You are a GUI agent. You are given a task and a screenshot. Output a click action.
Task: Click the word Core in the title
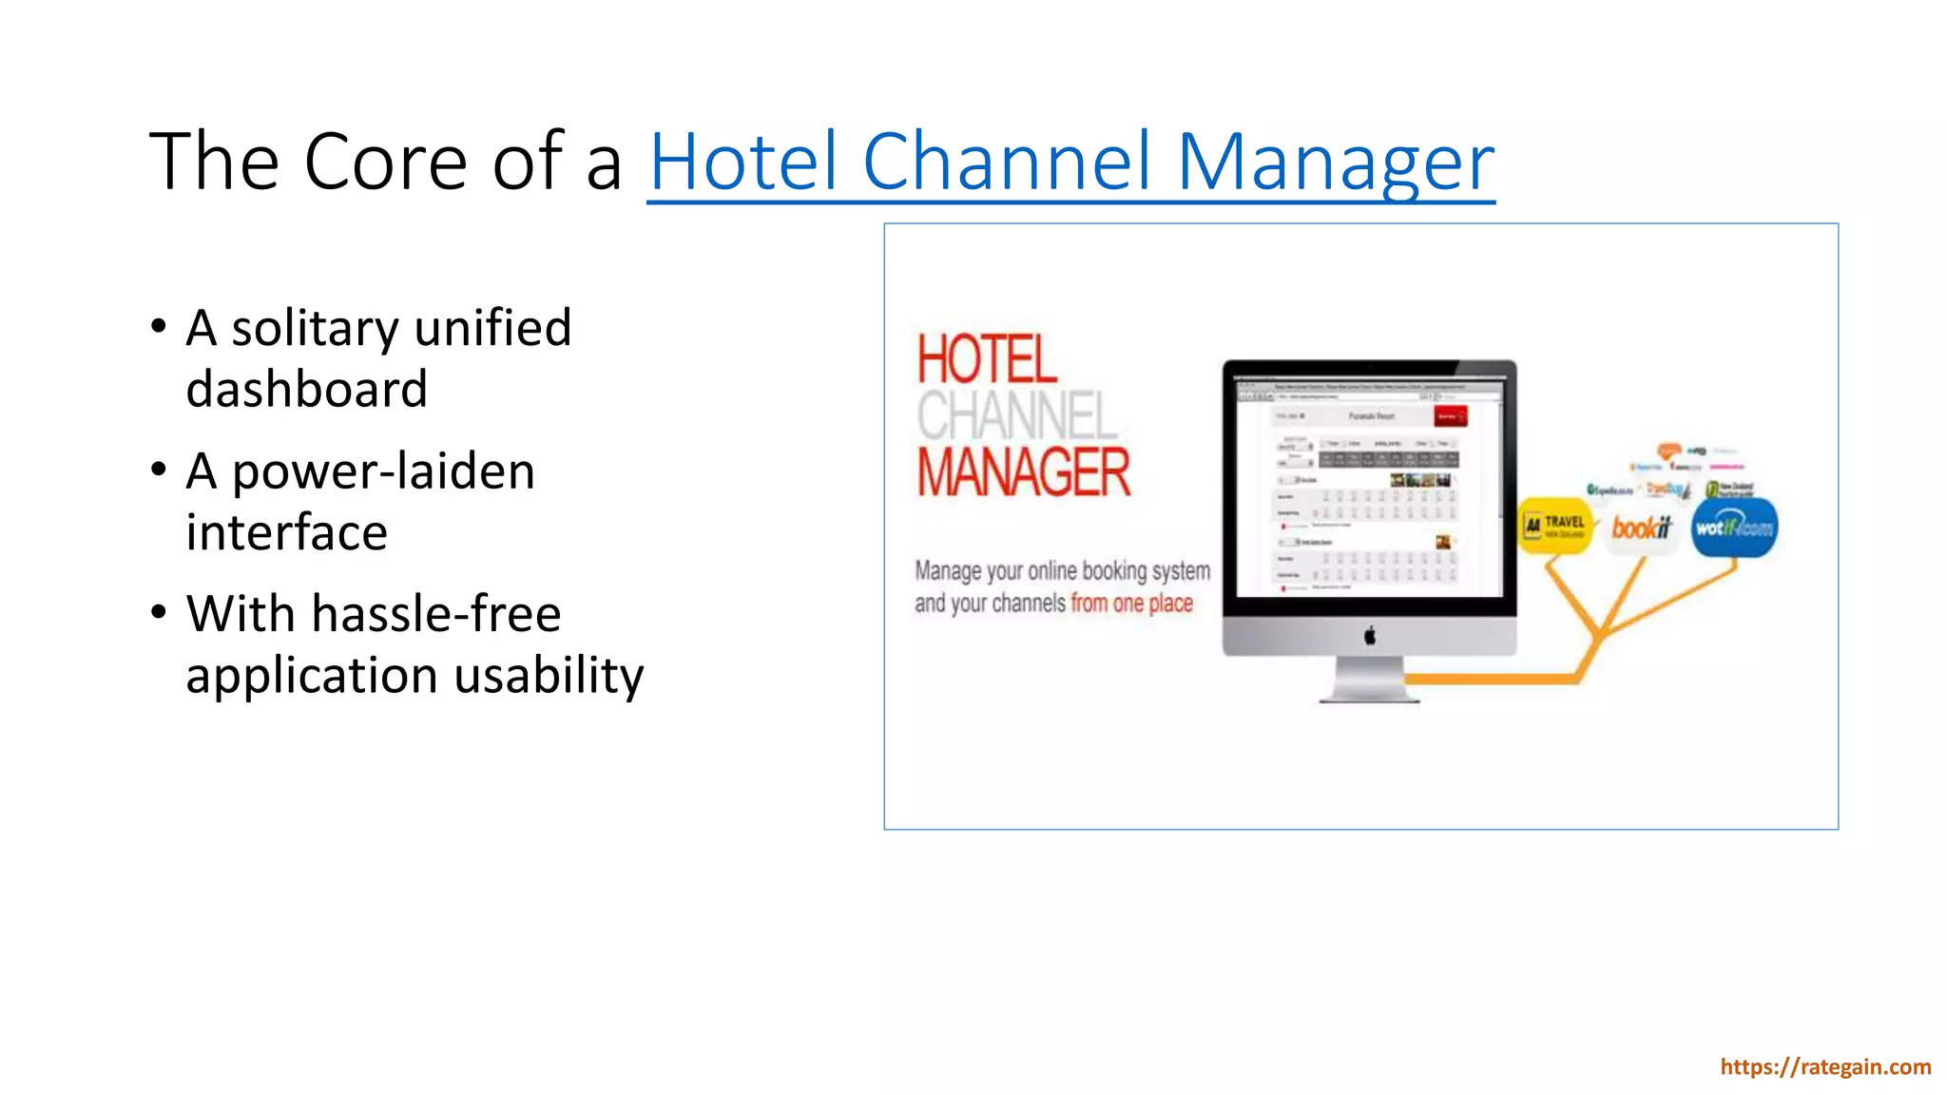(x=385, y=162)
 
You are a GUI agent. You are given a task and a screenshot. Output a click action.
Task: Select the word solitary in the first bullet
(x=315, y=329)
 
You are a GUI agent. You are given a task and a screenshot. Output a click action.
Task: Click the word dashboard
(x=306, y=390)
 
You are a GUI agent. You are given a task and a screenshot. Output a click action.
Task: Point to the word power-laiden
(x=383, y=472)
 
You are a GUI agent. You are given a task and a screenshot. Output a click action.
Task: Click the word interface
(x=286, y=532)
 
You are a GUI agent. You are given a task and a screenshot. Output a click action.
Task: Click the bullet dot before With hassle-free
(x=159, y=611)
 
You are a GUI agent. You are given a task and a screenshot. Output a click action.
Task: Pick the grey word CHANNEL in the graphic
(x=1016, y=415)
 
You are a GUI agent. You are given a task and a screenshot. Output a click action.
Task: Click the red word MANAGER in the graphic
(x=1024, y=472)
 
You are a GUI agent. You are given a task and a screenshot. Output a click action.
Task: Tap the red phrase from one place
(x=1131, y=604)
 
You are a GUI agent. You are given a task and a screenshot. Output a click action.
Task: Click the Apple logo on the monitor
(x=1370, y=635)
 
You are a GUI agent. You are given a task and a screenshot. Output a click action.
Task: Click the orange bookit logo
(x=1641, y=527)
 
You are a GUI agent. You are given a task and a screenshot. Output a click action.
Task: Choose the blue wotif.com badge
(x=1734, y=528)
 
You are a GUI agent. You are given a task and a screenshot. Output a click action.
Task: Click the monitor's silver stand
(x=1369, y=681)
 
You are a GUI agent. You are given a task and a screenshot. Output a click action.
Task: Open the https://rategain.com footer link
(x=1824, y=1067)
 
